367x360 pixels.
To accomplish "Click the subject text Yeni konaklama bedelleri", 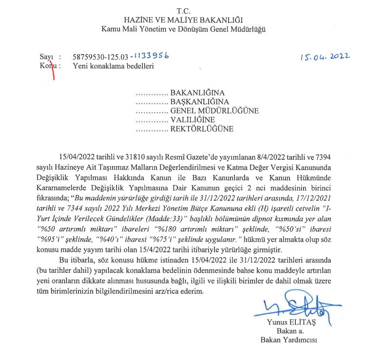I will pyautogui.click(x=113, y=66).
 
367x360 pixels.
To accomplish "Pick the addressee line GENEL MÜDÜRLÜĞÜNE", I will pyautogui.click(x=214, y=111).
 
